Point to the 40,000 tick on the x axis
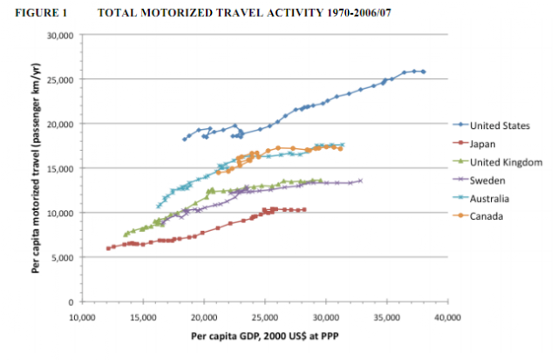click(x=447, y=318)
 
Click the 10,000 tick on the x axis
click(x=82, y=318)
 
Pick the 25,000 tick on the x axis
click(x=264, y=318)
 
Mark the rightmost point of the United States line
click(x=424, y=71)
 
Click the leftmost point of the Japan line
click(x=108, y=248)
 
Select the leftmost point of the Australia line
click(x=158, y=206)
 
